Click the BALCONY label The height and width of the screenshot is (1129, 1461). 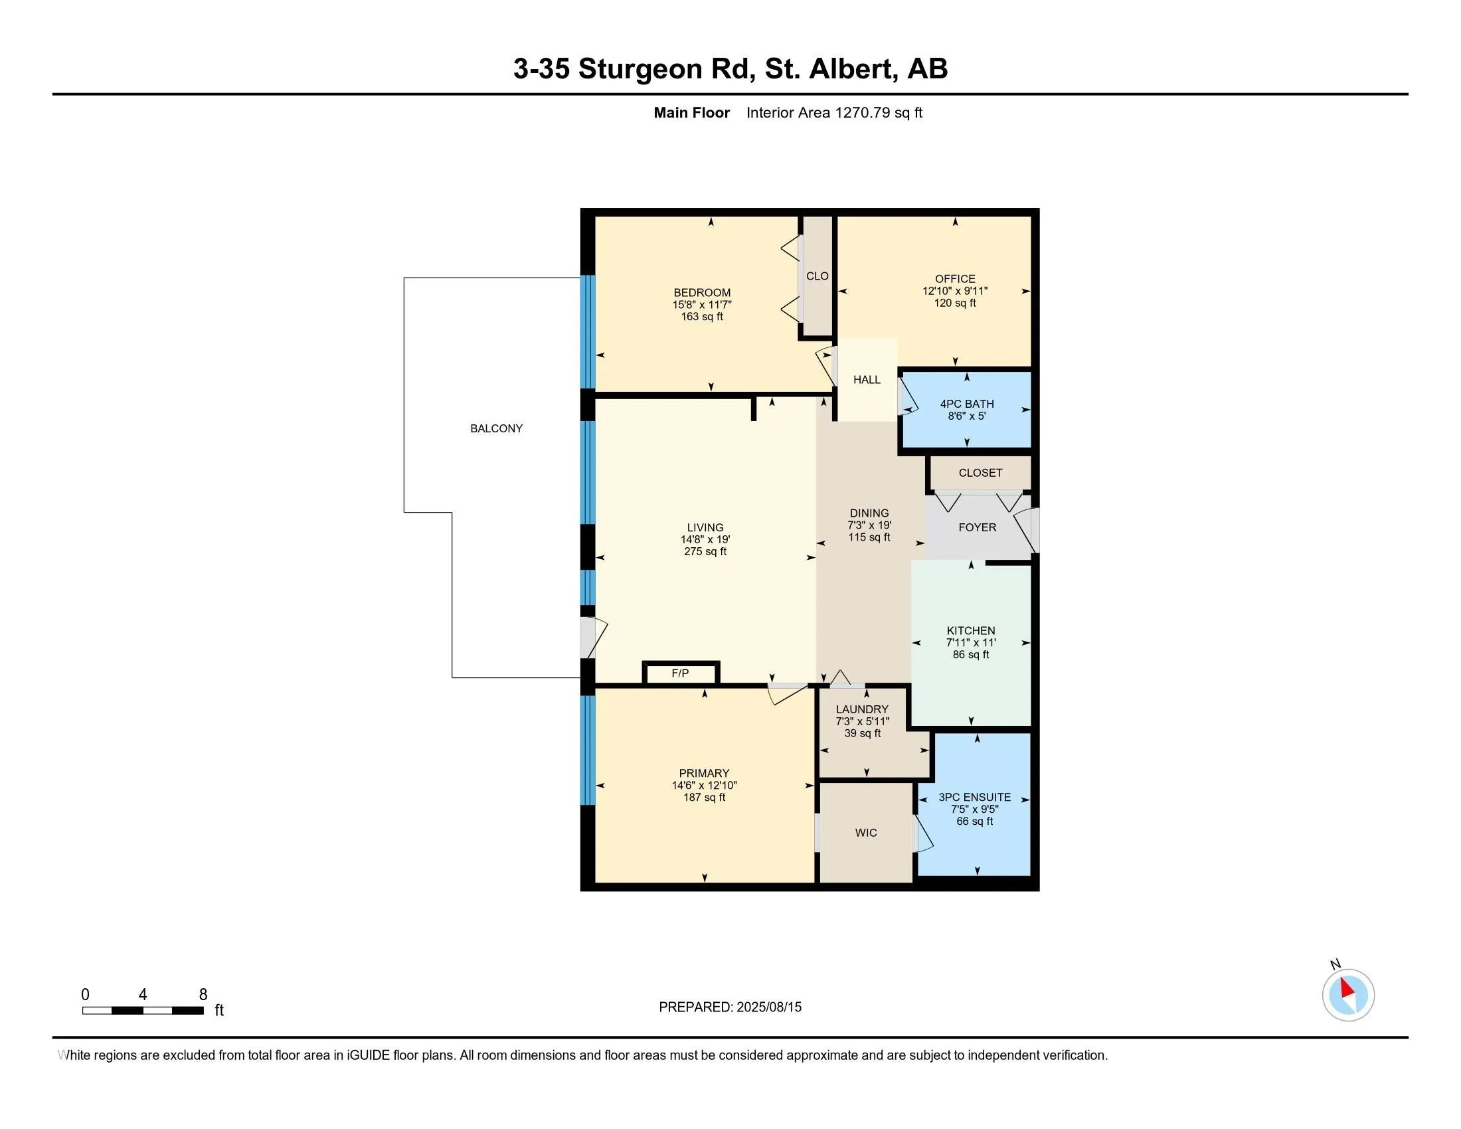pos(496,429)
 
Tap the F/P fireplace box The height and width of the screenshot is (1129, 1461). pos(681,673)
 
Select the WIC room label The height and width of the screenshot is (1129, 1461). pos(865,833)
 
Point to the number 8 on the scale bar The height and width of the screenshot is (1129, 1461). pos(203,995)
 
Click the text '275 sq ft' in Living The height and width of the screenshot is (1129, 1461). pos(705,552)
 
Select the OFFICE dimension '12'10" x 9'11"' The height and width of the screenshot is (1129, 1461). pos(955,291)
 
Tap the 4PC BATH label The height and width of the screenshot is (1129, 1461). pos(967,404)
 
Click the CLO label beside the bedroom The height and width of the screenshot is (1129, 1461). pos(817,276)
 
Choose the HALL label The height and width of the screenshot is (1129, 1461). pos(867,380)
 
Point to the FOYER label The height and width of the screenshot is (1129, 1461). pos(978,528)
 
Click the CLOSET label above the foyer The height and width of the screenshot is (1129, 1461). pos(981,473)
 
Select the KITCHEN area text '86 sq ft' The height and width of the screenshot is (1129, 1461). pos(972,655)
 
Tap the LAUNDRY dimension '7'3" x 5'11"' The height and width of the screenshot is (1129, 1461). pos(862,722)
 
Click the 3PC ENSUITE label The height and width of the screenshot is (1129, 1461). pos(975,797)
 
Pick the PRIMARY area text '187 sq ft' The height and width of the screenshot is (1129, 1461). pos(705,797)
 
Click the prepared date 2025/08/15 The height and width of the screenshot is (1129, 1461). pos(768,1007)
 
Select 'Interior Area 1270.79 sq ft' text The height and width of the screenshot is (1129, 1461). pos(834,113)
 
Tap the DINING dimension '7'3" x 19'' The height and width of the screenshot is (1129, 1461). pos(870,526)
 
